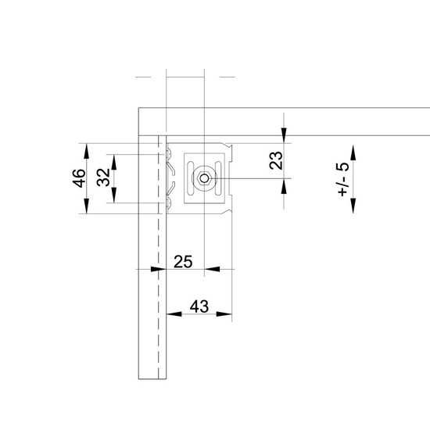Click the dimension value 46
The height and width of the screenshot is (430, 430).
(x=79, y=178)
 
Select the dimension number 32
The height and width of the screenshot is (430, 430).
(x=104, y=177)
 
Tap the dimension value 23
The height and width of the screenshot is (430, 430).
(x=276, y=160)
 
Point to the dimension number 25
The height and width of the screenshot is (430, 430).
(x=183, y=262)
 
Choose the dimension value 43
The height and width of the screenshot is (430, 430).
(x=199, y=306)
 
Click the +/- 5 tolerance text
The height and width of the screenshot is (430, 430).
(x=343, y=179)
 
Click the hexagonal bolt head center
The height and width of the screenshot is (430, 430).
(x=204, y=178)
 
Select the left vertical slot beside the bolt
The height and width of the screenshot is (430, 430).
(x=190, y=178)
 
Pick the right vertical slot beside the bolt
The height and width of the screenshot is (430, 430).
(x=218, y=178)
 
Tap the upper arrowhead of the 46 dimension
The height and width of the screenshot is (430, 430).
(x=87, y=151)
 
